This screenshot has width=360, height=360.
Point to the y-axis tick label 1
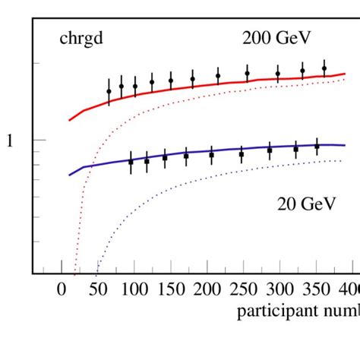point(10,141)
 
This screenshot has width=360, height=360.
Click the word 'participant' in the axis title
point(270,311)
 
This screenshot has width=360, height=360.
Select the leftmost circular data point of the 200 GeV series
point(109,91)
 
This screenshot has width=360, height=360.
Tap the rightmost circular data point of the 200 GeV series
point(324,68)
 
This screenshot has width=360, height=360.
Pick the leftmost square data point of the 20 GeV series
point(131,162)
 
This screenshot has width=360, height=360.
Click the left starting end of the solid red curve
point(70,120)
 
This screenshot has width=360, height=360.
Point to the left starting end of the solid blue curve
point(70,175)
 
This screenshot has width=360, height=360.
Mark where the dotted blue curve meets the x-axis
point(96,272)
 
